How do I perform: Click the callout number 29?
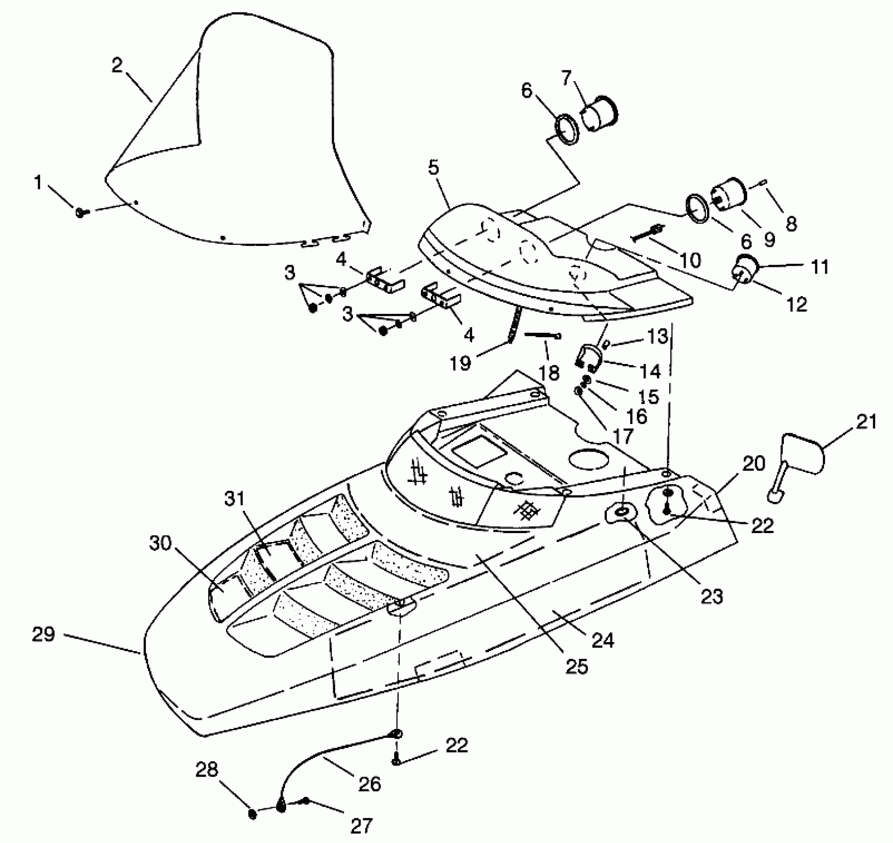[43, 634]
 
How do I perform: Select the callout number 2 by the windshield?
[117, 65]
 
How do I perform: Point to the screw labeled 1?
[81, 213]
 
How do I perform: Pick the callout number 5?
[434, 168]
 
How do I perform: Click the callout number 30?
[161, 543]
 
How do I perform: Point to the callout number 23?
[712, 597]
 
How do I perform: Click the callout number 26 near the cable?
[370, 783]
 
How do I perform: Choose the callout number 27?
[361, 826]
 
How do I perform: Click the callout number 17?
[623, 436]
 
